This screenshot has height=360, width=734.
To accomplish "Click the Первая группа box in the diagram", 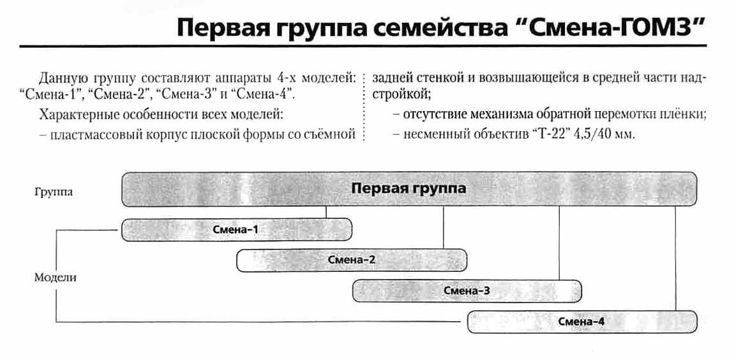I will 408,189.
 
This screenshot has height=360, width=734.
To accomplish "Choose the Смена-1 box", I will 236,229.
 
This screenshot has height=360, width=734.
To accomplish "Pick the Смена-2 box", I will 352,260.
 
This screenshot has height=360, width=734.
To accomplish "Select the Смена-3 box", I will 467,291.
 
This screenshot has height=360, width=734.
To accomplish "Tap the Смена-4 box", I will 581,322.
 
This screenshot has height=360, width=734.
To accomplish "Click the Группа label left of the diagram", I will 54,191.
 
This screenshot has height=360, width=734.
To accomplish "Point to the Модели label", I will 55,278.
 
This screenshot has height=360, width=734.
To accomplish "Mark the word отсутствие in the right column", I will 434,116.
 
